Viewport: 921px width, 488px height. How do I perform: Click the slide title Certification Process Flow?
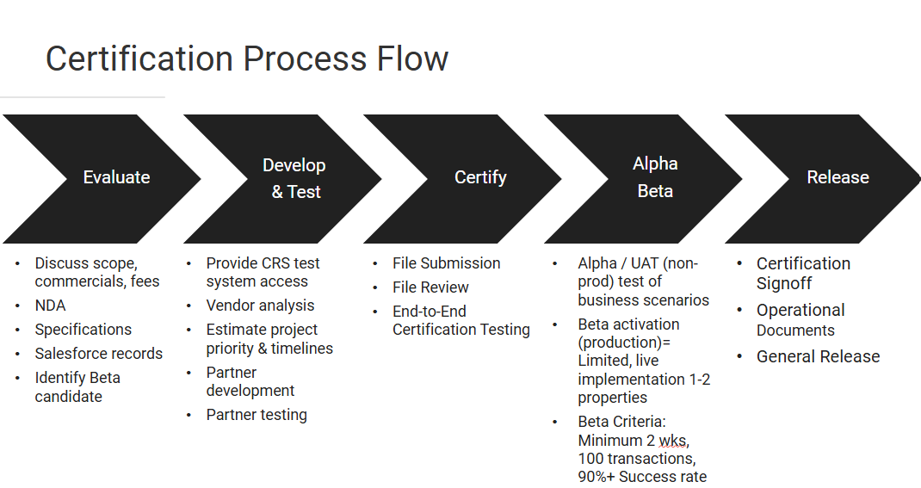[x=246, y=59]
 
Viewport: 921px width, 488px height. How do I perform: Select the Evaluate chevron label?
[x=116, y=177]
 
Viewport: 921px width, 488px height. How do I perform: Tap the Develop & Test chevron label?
[x=294, y=178]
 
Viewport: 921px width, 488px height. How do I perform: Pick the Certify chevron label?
[x=480, y=177]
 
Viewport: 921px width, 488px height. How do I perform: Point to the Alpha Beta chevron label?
[x=655, y=177]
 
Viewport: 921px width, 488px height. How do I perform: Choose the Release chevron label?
[x=838, y=177]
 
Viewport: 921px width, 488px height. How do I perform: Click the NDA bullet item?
[x=50, y=306]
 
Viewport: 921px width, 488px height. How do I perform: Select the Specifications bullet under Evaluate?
[x=83, y=330]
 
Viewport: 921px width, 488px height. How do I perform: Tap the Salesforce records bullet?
[x=98, y=354]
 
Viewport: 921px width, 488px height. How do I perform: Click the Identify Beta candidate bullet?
[x=77, y=386]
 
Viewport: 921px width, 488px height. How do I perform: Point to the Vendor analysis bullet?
[x=260, y=306]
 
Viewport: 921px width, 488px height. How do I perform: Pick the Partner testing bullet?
[x=257, y=415]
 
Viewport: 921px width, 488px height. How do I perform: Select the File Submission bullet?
[x=446, y=263]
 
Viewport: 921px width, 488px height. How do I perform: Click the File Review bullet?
[x=430, y=287]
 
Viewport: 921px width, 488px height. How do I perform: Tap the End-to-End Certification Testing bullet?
[x=460, y=320]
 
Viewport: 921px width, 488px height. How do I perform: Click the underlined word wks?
[x=674, y=441]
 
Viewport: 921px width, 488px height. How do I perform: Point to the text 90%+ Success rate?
[x=642, y=477]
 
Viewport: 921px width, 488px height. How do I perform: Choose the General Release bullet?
[x=818, y=356]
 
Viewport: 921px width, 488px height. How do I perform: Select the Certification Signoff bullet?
[x=803, y=273]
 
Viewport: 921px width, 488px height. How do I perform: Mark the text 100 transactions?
[x=635, y=459]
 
